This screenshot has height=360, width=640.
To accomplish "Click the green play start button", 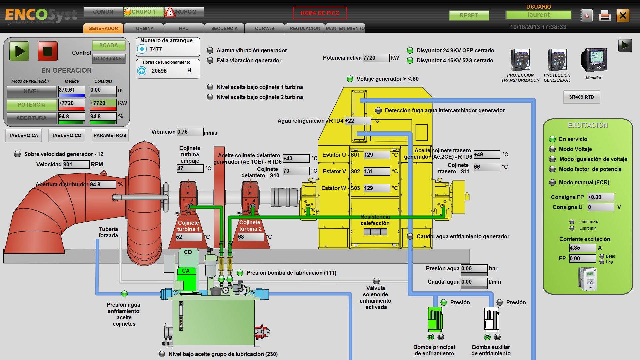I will [x=19, y=51].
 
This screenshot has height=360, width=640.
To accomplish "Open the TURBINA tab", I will [x=144, y=28].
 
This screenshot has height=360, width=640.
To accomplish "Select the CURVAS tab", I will [x=264, y=28].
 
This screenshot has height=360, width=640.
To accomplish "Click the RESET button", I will [x=469, y=15].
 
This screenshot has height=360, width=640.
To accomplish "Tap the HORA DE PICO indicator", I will [x=320, y=13].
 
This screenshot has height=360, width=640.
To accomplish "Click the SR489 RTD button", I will [x=581, y=97].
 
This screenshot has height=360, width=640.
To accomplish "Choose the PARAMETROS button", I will [x=110, y=135].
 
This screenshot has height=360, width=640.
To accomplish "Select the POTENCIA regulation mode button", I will [x=31, y=105].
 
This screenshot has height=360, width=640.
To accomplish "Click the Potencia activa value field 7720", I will [x=376, y=58].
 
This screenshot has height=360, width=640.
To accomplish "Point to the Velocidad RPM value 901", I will [x=76, y=164].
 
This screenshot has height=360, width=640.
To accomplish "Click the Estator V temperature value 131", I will [x=376, y=171].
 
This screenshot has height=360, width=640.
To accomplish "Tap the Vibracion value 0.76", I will [x=190, y=132].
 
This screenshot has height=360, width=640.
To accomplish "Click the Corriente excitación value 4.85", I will [x=582, y=248].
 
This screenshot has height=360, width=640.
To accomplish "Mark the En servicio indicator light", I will [x=552, y=139].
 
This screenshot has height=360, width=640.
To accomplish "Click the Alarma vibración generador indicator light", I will [x=210, y=50].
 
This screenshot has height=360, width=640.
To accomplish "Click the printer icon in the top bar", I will [x=604, y=15].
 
